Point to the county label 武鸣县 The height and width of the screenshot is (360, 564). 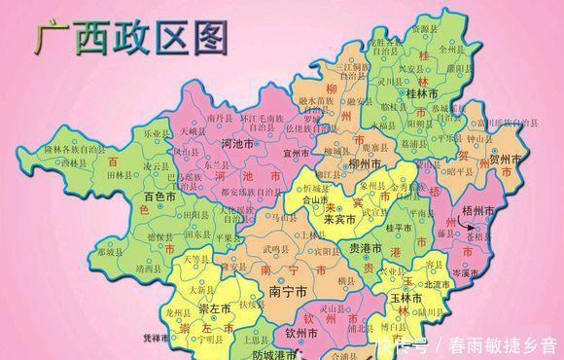tap(275, 250)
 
